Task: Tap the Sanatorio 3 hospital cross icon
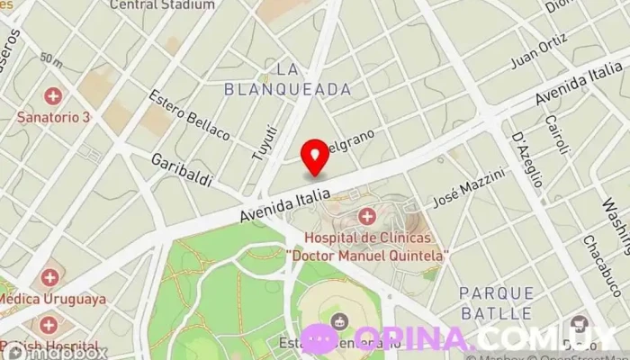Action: tap(53, 95)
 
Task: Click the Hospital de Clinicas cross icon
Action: tap(366, 216)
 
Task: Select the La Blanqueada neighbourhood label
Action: tap(312, 79)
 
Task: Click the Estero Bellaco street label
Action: tap(190, 114)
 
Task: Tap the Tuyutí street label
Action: tap(263, 144)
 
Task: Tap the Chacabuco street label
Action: tap(597, 262)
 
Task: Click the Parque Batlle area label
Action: tap(495, 303)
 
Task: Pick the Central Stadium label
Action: tap(162, 4)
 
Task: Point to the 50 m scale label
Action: tap(50, 62)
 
